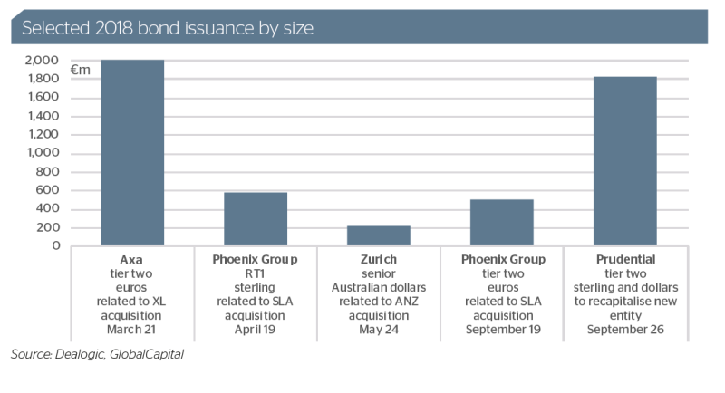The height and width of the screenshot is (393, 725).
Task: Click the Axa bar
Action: click(132, 152)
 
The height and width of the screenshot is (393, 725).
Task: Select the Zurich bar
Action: click(378, 235)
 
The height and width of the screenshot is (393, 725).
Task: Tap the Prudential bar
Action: click(624, 161)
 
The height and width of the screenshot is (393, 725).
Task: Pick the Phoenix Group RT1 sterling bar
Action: click(256, 218)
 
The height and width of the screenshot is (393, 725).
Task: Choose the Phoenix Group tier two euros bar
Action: click(501, 222)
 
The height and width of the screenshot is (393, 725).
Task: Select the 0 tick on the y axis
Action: click(56, 245)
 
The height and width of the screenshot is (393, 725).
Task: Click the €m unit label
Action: click(80, 68)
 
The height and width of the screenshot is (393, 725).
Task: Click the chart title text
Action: click(168, 28)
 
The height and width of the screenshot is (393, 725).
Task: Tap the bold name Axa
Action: click(132, 260)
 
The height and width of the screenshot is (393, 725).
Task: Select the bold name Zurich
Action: click(379, 260)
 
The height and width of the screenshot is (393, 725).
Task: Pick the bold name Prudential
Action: click(624, 260)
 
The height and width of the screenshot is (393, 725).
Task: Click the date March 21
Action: click(132, 329)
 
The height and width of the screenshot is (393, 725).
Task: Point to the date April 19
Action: click(256, 329)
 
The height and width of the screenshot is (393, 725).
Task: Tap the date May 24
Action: click(379, 329)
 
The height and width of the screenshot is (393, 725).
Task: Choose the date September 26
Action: click(624, 329)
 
